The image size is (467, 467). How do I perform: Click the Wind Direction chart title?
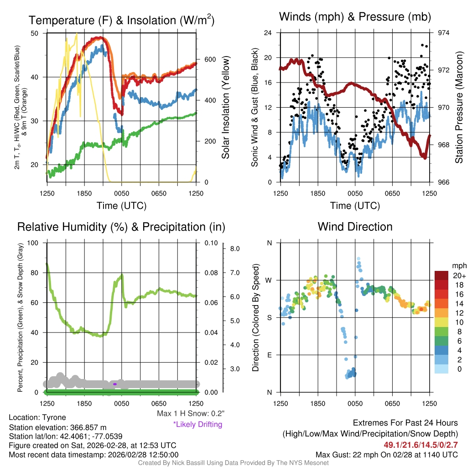tap(355, 227)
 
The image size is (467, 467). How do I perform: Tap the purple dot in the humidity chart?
tap(115, 384)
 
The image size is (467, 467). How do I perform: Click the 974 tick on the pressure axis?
tap(444, 33)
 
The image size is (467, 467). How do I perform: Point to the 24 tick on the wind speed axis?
tap(268, 33)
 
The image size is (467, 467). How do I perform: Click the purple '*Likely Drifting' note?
tap(197, 424)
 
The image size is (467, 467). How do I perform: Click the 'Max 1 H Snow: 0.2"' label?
tap(190, 413)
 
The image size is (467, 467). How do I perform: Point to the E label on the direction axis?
tap(269, 355)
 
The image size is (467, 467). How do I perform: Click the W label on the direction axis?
tap(269, 280)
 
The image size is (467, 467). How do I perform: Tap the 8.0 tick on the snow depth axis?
tap(235, 249)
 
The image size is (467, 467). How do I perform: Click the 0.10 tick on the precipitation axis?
tap(211, 243)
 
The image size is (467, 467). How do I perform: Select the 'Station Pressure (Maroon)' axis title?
tap(459, 108)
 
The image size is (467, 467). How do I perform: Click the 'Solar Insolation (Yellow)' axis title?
tap(225, 108)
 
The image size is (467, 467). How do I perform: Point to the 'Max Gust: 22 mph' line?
tap(387, 455)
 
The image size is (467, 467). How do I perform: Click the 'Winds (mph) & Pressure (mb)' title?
tap(355, 17)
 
